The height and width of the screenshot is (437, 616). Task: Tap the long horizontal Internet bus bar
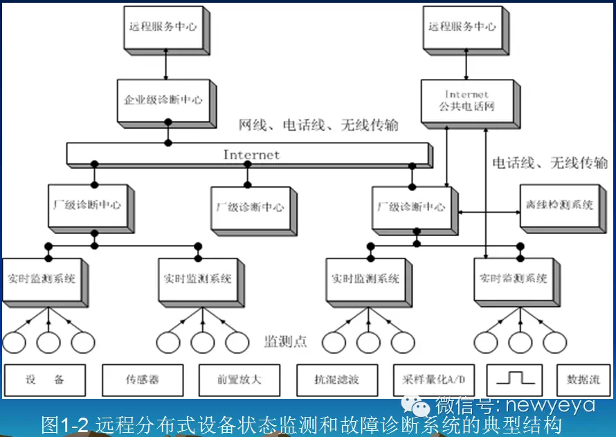249,154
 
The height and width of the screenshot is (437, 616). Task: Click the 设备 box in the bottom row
45,380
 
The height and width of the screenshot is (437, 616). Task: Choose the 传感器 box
142,380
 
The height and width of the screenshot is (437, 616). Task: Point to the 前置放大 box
239,380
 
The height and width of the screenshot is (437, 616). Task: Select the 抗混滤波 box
337,380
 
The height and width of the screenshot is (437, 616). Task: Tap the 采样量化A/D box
434,380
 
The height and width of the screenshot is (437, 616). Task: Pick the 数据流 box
583,380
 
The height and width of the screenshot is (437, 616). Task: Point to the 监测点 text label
286,341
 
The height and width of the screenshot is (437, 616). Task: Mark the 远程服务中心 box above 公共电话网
462,28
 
